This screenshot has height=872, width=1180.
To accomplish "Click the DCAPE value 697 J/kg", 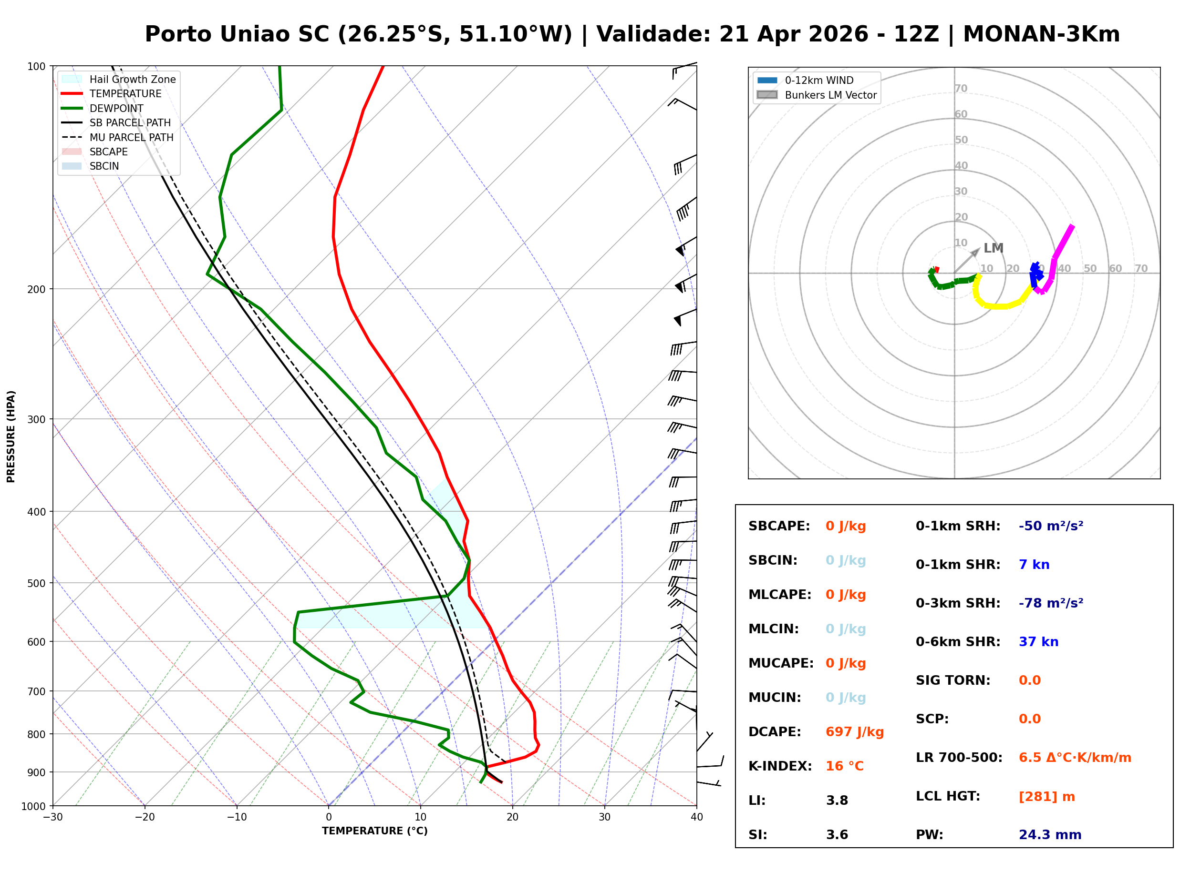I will pyautogui.click(x=854, y=731).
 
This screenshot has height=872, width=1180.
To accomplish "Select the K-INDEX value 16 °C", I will pyautogui.click(x=844, y=766).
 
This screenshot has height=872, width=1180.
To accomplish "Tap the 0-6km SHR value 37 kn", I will pyautogui.click(x=1038, y=642).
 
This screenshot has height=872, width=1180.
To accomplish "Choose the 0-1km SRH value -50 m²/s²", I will pyautogui.click(x=1051, y=526).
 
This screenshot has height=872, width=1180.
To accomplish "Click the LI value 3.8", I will pyautogui.click(x=837, y=800).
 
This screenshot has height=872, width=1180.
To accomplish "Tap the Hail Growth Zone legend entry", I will pyautogui.click(x=132, y=79).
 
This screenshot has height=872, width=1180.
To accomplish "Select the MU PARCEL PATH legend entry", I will pyautogui.click(x=131, y=137).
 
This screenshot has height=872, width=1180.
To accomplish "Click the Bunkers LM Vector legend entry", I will pyautogui.click(x=830, y=95).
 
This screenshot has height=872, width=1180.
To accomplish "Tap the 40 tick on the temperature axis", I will pyautogui.click(x=696, y=817).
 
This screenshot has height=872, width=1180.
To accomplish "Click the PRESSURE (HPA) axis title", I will pyautogui.click(x=10, y=436).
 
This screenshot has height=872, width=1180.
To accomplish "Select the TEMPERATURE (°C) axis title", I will pyautogui.click(x=374, y=831).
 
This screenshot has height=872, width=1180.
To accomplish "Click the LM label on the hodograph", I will pyautogui.click(x=993, y=248).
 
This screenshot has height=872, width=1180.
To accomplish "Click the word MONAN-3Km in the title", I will pyautogui.click(x=1041, y=34).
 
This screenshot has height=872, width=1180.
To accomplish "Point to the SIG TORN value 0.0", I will pyautogui.click(x=1029, y=680).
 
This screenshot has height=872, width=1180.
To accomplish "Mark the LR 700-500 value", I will pyautogui.click(x=1075, y=758).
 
